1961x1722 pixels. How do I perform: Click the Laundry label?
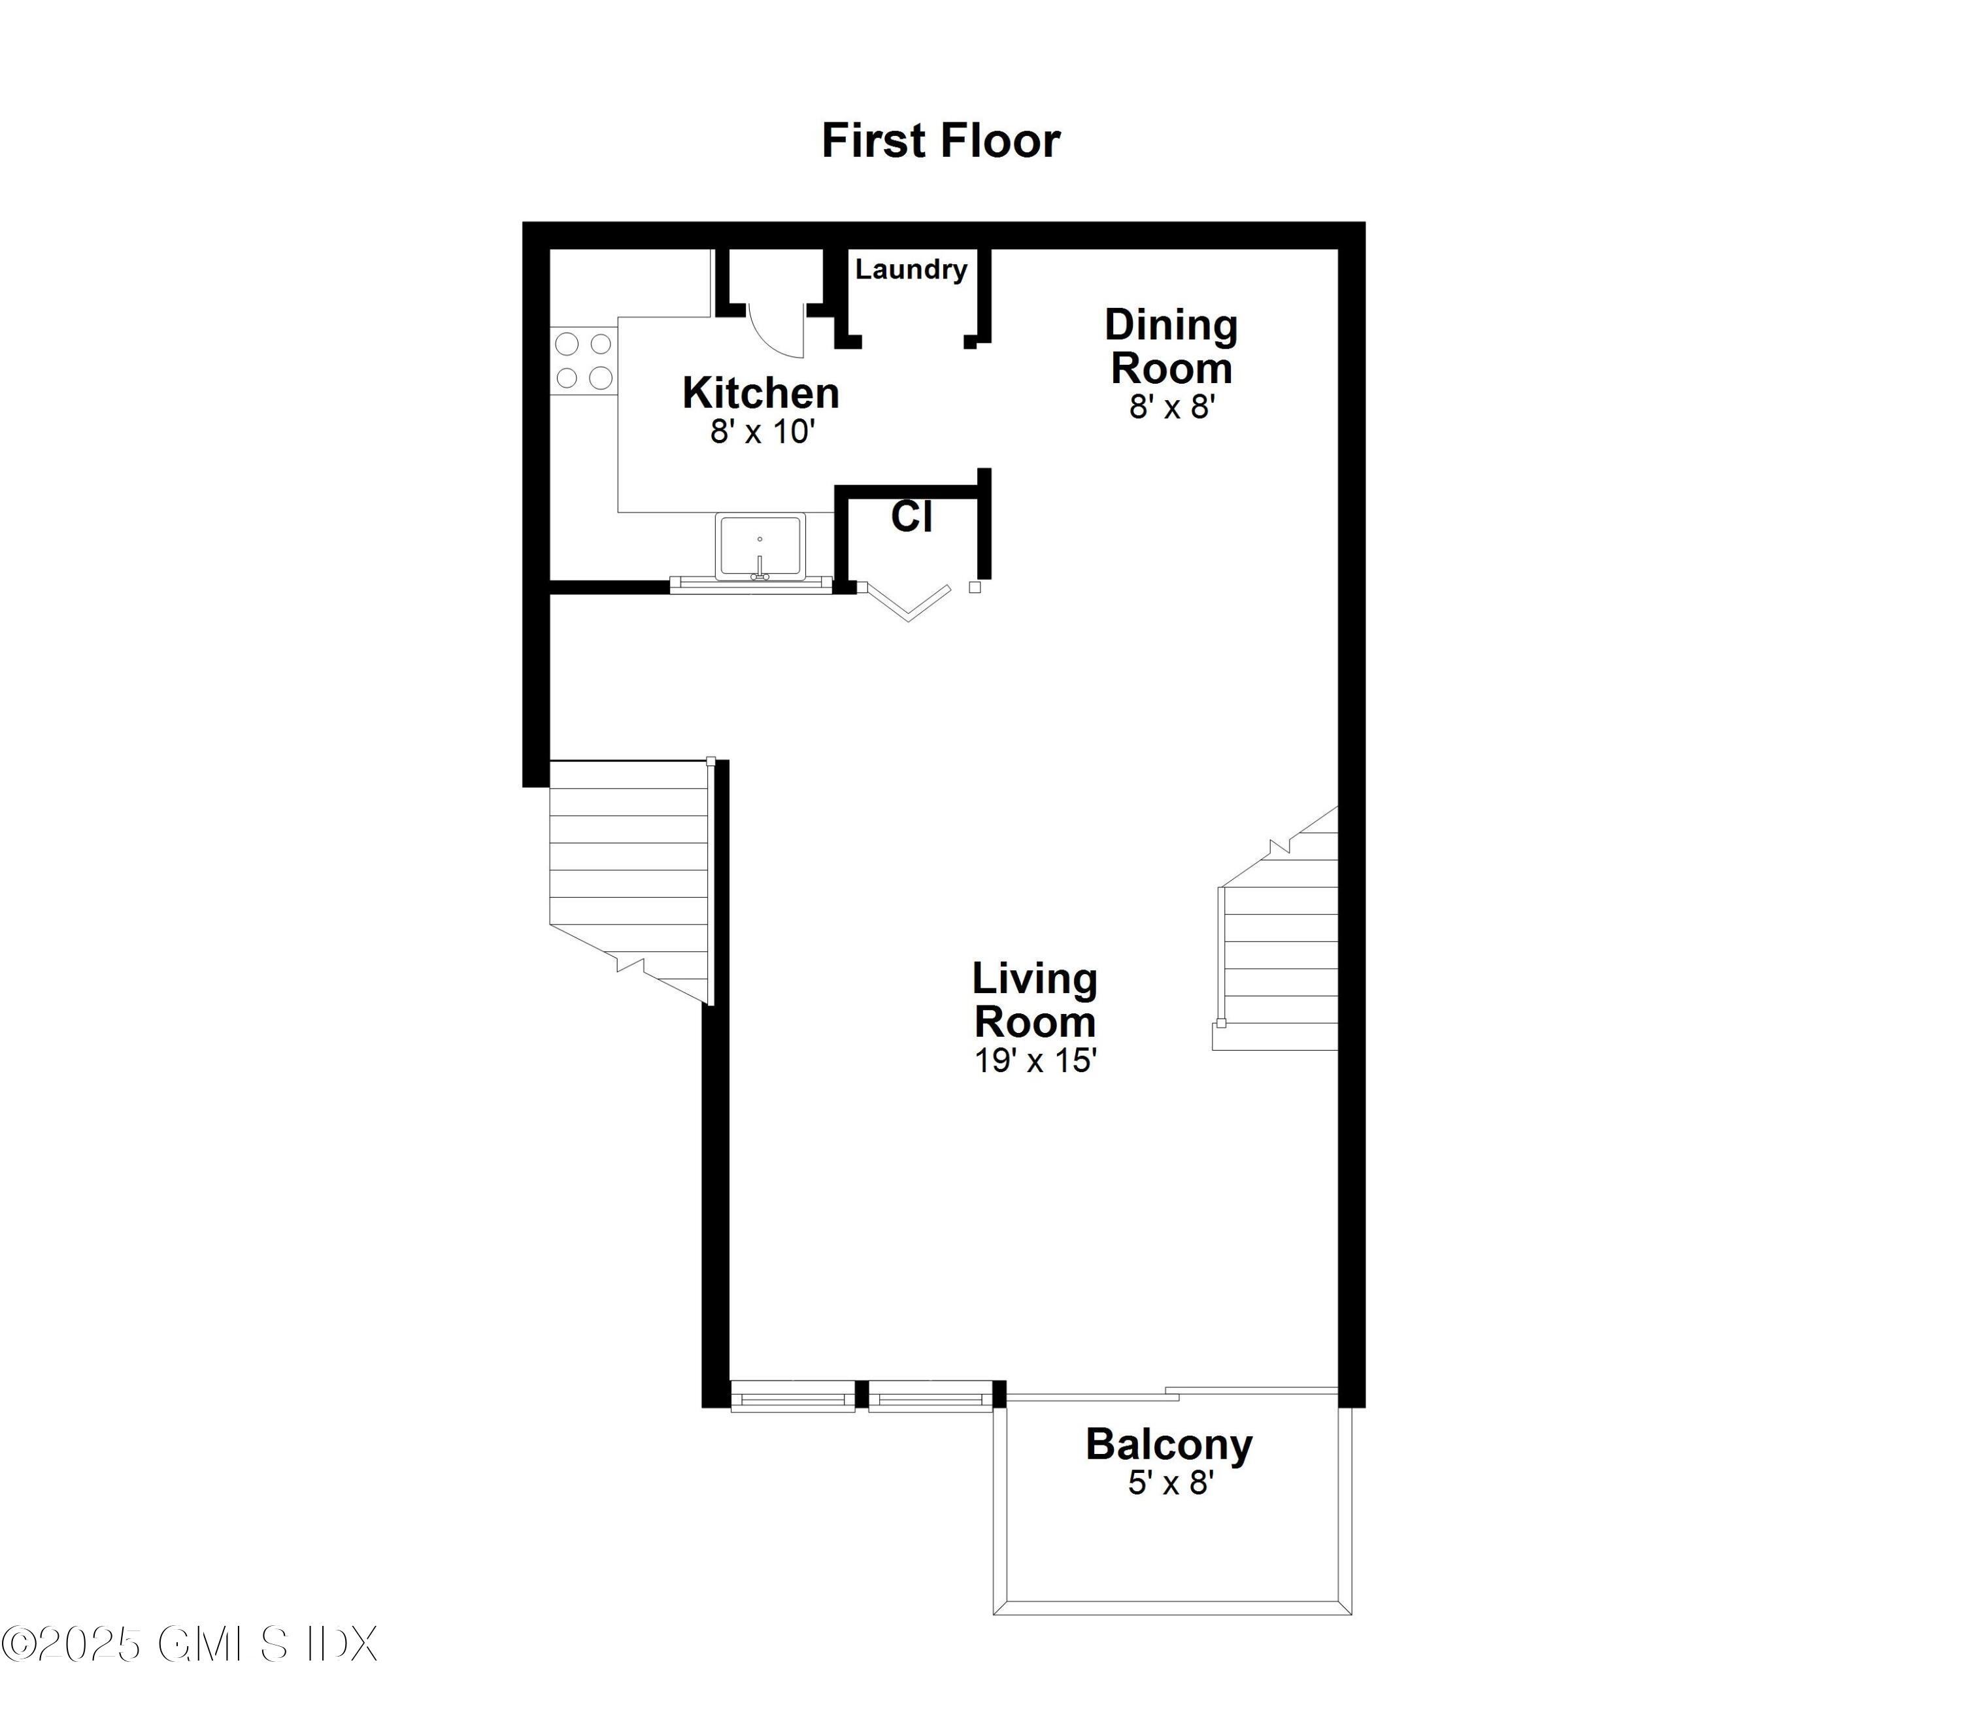click(911, 269)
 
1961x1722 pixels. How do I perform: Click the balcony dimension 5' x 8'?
click(1171, 1483)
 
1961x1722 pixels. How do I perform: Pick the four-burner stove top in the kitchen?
click(583, 361)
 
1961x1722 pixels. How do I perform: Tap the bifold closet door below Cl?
click(907, 601)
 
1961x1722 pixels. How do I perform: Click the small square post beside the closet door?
click(975, 587)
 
